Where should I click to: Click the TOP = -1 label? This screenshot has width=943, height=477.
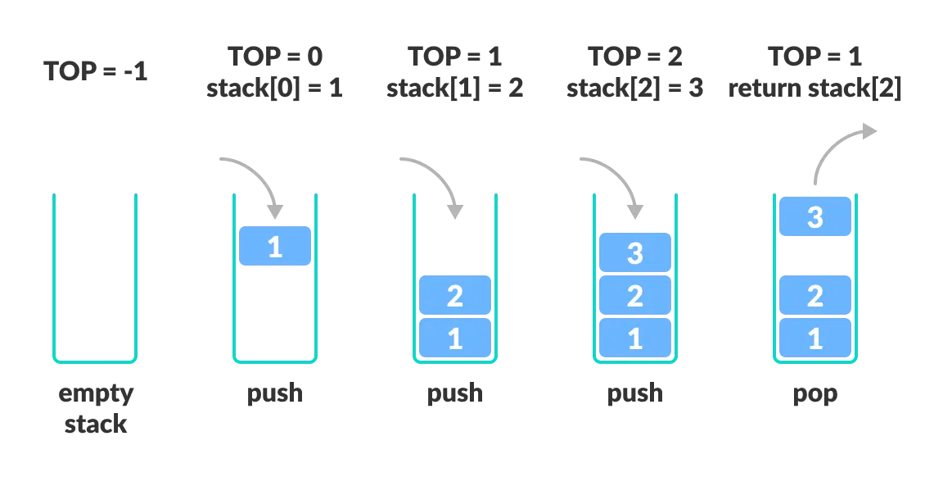point(95,71)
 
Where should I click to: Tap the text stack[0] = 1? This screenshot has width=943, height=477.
point(275,89)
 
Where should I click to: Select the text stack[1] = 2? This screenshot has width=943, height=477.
point(455,89)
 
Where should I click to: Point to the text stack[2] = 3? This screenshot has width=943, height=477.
point(635,89)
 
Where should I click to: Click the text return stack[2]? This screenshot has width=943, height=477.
point(815,89)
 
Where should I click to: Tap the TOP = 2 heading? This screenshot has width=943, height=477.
point(635,57)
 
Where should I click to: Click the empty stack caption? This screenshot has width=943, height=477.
point(96,408)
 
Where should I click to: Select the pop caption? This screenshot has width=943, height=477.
point(815,393)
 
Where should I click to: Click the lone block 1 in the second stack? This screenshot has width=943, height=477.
point(275,246)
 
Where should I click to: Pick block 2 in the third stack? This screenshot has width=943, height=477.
point(455,296)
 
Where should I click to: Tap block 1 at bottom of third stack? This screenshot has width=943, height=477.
point(455,338)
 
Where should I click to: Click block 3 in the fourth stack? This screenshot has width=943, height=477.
point(635,252)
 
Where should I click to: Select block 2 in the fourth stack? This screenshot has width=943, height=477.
point(635,296)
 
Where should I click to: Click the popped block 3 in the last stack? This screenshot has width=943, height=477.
point(815,217)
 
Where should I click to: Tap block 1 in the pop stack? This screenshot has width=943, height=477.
point(815,338)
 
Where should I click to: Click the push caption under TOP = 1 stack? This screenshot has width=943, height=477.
point(455,393)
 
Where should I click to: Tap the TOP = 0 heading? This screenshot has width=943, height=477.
point(275,57)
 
